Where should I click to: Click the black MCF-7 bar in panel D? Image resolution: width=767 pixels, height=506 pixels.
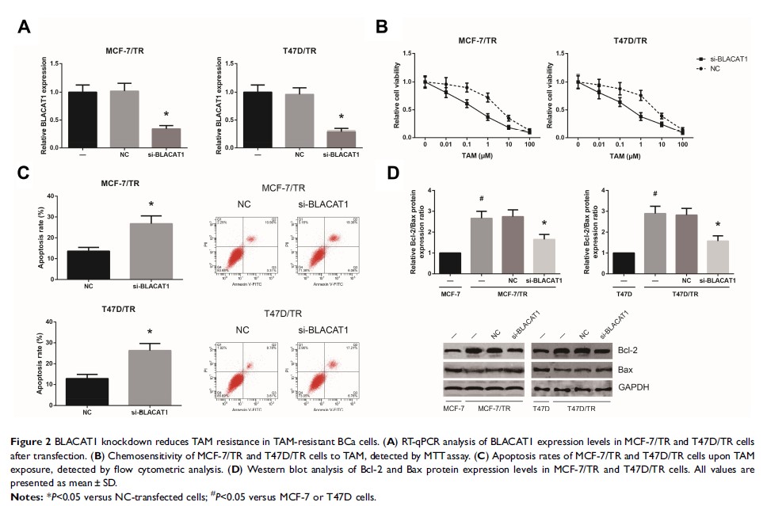pos(449,263)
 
